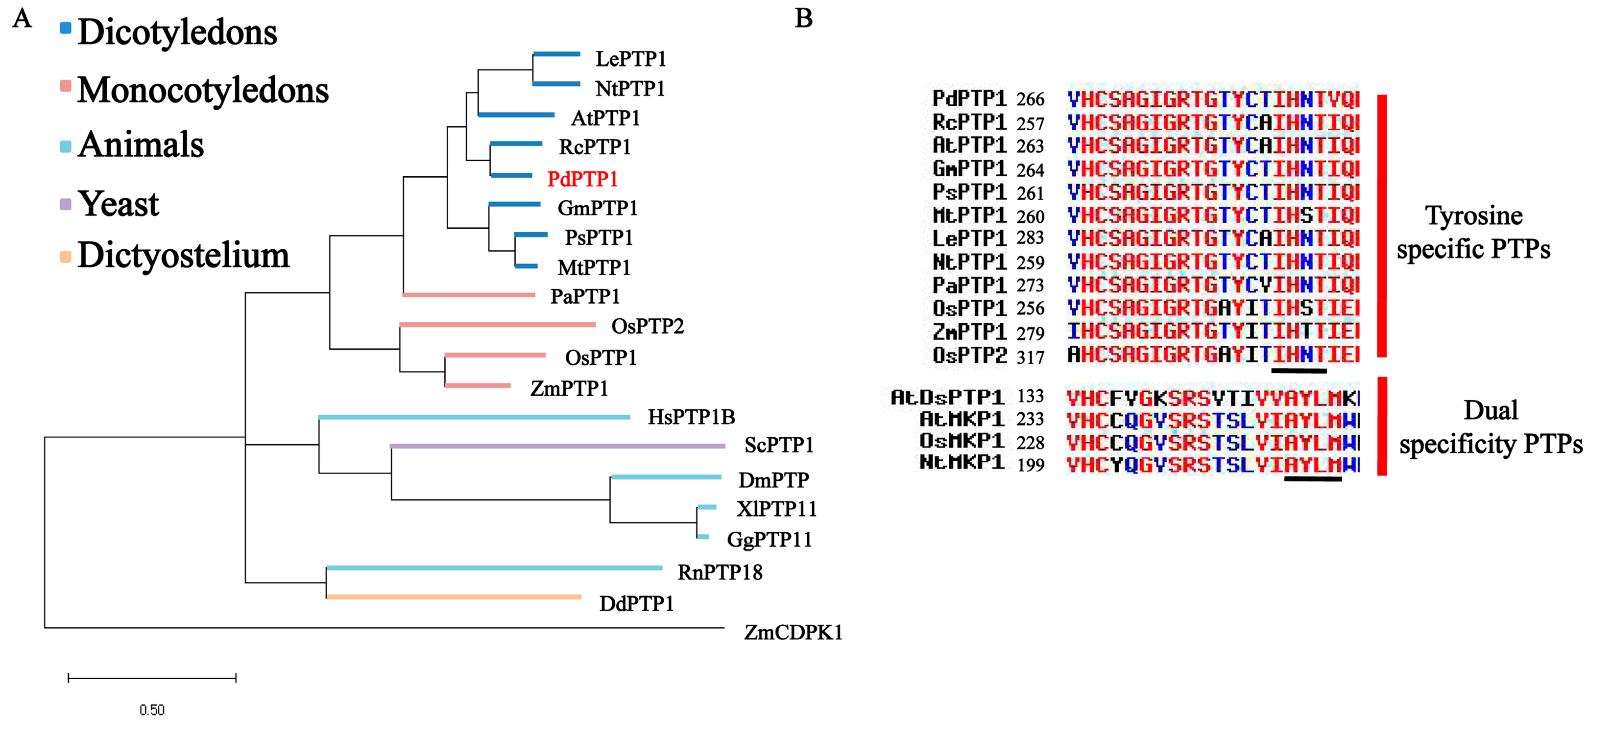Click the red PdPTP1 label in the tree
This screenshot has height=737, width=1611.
[x=582, y=179]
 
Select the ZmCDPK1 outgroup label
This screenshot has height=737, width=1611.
[x=793, y=633]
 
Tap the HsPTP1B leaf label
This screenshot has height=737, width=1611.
[x=691, y=417]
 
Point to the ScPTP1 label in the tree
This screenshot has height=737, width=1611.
[x=779, y=445]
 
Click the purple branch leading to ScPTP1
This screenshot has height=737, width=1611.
[x=556, y=446]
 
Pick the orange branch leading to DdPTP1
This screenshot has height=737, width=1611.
[x=454, y=597]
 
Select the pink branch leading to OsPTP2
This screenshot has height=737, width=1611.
[x=497, y=325]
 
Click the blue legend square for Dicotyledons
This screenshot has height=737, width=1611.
[x=66, y=27]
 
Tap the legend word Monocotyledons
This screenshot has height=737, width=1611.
[x=203, y=90]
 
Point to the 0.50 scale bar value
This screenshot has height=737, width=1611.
[x=152, y=710]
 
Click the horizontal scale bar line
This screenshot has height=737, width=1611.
[x=152, y=678]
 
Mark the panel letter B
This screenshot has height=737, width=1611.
[x=804, y=18]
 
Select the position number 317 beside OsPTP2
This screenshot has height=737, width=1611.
[x=1030, y=357]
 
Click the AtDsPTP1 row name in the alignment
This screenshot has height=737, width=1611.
[x=947, y=397]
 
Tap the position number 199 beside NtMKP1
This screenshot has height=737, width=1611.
[x=1030, y=465]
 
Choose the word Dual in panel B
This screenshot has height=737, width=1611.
[x=1491, y=411]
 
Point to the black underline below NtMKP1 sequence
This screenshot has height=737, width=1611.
[x=1313, y=479]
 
